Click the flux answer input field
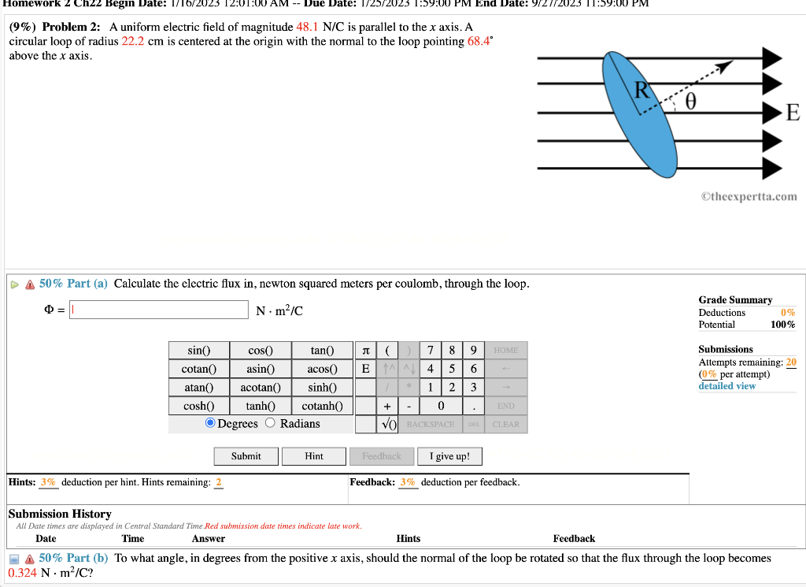tap(159, 310)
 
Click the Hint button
tap(313, 456)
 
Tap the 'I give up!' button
tap(449, 456)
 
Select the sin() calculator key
tap(198, 351)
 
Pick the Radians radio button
tap(270, 424)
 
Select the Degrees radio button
tap(210, 424)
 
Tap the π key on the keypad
tap(364, 351)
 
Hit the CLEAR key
tap(505, 424)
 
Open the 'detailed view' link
tap(727, 386)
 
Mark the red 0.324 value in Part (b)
tap(21, 573)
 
